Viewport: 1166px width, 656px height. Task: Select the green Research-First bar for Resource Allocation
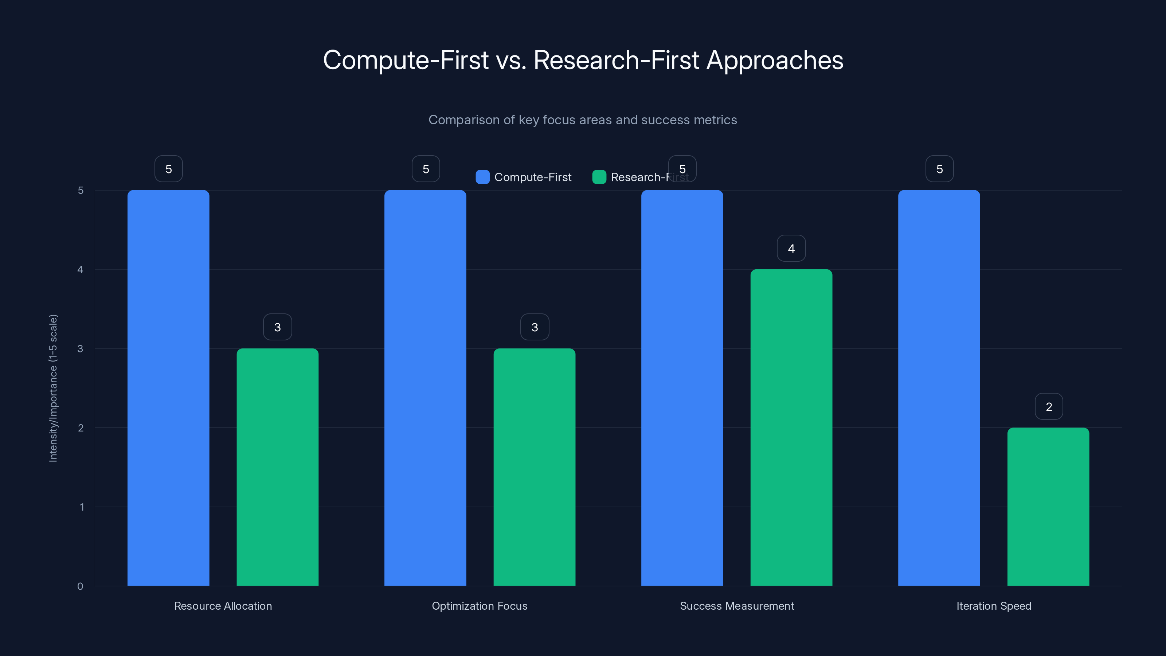tap(277, 467)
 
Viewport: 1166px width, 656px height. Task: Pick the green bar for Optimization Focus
tap(534, 467)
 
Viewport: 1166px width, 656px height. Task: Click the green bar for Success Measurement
tap(791, 427)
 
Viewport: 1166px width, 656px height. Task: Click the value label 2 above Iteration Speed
tap(1049, 407)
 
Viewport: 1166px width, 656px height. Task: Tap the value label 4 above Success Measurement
tap(791, 249)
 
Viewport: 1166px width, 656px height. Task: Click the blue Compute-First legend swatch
tap(482, 177)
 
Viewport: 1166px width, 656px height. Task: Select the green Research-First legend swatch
tap(599, 177)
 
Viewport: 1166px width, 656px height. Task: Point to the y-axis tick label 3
tap(81, 349)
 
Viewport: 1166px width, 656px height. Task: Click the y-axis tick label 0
tap(81, 586)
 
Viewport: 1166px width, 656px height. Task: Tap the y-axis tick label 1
tap(82, 507)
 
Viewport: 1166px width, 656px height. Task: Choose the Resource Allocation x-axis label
tap(223, 606)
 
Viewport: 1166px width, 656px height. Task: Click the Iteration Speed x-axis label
tap(994, 606)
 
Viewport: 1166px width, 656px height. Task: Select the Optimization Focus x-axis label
tap(480, 606)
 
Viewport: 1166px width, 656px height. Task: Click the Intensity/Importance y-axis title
tap(54, 388)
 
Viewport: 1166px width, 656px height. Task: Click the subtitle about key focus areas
tap(583, 120)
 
